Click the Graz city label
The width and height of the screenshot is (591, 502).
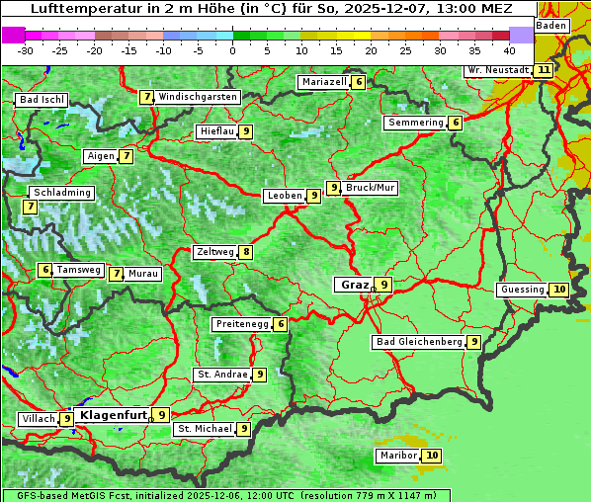point(354,285)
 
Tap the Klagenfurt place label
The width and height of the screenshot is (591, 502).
point(113,415)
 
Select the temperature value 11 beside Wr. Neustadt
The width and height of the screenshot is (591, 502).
point(544,70)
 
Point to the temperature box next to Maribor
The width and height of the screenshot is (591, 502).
point(432,456)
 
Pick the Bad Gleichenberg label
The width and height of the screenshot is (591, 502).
point(419,342)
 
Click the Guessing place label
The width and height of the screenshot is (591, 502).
point(523,290)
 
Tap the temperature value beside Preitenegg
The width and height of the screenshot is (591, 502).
point(281,324)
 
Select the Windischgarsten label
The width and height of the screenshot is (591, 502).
point(198,97)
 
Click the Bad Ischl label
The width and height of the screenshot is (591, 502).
point(42,100)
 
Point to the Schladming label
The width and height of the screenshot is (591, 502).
point(61,193)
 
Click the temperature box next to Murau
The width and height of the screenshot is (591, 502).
point(117,274)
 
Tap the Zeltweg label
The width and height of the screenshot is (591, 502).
point(214,252)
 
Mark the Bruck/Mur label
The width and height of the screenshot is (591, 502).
point(371,187)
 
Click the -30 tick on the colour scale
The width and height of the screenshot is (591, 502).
point(26,49)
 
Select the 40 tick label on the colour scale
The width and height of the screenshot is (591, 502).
point(509,49)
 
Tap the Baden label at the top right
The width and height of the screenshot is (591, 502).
point(551,25)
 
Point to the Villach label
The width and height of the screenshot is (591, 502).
point(38,419)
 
